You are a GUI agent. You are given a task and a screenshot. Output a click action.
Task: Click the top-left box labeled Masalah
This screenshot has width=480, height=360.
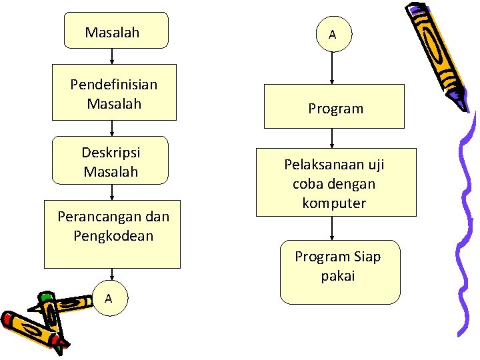point(116,31)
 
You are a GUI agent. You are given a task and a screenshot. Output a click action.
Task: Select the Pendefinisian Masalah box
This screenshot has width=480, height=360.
point(114,92)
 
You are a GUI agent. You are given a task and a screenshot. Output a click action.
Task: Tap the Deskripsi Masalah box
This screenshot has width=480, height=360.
point(111,161)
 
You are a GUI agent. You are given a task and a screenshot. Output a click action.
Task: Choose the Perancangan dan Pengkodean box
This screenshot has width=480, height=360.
point(112,233)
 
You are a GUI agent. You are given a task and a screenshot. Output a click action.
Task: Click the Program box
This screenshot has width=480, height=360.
point(334,107)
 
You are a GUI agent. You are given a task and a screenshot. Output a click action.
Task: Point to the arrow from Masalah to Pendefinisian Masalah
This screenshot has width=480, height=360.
point(112,57)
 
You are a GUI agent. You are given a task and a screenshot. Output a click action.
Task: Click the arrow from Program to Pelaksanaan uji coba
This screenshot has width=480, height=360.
point(332,138)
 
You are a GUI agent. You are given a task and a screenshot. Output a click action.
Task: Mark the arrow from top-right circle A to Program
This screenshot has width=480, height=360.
point(332,67)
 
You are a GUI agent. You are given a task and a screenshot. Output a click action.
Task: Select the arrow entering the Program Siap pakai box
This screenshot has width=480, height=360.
point(332,229)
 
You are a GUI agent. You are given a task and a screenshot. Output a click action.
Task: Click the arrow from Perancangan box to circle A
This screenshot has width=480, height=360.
point(112,275)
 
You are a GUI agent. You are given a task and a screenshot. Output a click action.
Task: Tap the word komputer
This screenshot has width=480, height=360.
point(334,203)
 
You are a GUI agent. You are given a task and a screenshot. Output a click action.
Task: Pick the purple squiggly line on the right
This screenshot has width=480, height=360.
point(465,227)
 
